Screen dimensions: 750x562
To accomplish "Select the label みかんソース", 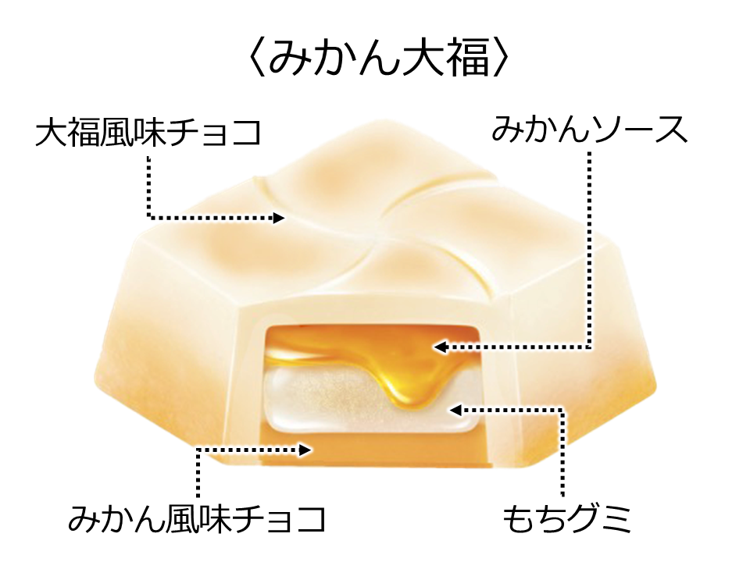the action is pos(589,130).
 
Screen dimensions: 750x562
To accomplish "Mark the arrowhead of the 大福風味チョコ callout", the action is pos(279,218).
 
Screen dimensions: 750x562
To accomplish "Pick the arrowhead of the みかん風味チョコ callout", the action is pos(307,449).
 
